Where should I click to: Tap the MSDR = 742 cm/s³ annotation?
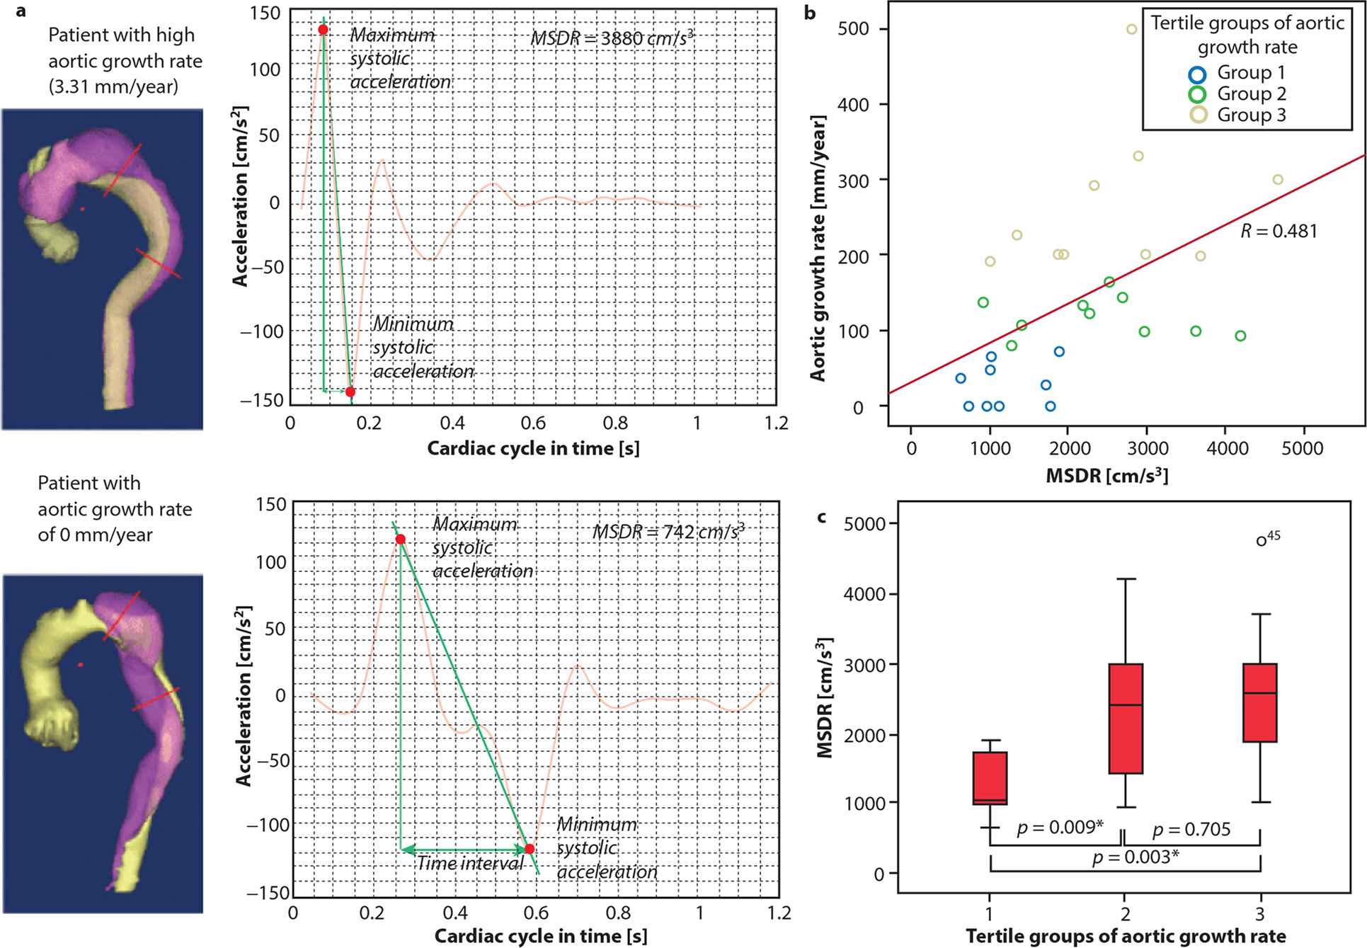click(x=668, y=531)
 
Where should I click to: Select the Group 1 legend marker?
click(x=1197, y=74)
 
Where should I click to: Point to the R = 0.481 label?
click(x=1279, y=232)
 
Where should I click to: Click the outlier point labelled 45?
click(x=1261, y=541)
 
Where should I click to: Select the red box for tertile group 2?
click(x=1125, y=719)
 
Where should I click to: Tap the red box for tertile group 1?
click(x=990, y=778)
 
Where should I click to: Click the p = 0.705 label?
click(x=1191, y=829)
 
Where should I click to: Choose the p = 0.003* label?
click(x=1136, y=857)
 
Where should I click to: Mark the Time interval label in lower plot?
click(x=469, y=863)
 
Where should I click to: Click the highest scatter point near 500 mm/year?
click(x=1132, y=30)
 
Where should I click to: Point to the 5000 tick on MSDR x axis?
click(x=1302, y=448)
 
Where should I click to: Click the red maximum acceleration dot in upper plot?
click(x=323, y=30)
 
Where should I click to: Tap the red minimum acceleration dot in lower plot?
click(x=529, y=849)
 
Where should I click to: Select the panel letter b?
click(x=810, y=12)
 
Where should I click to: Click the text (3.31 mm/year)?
click(x=113, y=87)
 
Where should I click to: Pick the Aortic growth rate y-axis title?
click(x=818, y=248)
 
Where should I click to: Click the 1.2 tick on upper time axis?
click(x=776, y=423)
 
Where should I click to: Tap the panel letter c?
click(x=821, y=518)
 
